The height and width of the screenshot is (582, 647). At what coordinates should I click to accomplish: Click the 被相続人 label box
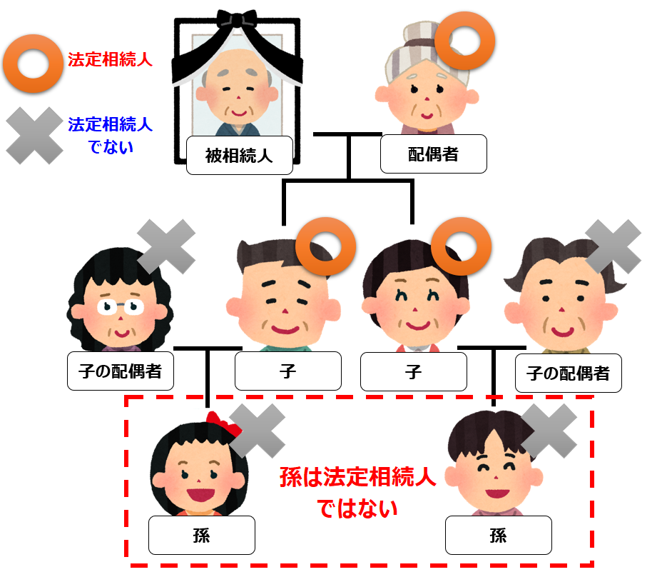pos(239,155)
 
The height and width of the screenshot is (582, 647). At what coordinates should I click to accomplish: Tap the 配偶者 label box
pos(433,154)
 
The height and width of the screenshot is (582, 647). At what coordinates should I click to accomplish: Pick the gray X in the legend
pos(34,136)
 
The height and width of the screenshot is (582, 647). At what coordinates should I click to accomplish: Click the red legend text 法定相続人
pos(110,59)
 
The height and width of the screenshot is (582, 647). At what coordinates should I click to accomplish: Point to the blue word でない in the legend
pos(111,147)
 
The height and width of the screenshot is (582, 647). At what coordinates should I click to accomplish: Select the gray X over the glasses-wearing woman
pos(166,246)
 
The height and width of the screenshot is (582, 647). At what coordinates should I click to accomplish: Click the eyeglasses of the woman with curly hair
pos(121,306)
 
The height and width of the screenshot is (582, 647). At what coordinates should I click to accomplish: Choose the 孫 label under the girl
pos(202,535)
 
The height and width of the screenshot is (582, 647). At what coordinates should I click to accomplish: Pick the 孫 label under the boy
pos(499,535)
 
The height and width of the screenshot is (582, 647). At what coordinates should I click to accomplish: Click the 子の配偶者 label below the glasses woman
pos(121,371)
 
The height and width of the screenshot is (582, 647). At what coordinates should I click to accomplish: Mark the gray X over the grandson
pos(549,431)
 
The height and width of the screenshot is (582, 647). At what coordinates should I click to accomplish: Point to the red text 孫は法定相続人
pos(357,477)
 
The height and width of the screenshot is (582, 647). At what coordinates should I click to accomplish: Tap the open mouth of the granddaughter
pos(200,494)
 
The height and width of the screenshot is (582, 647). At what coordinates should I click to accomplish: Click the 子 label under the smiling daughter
pos(414,371)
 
